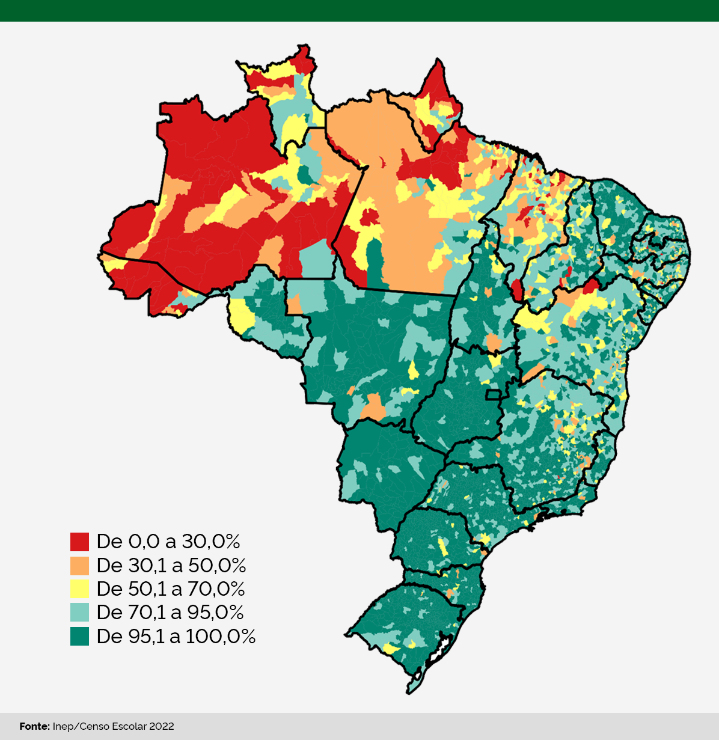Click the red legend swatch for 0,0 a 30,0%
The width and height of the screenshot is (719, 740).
click(79, 542)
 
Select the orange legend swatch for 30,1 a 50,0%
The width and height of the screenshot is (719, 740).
click(79, 566)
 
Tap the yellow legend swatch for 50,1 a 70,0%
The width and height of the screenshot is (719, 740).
click(79, 589)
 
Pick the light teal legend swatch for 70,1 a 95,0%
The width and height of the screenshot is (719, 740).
click(79, 612)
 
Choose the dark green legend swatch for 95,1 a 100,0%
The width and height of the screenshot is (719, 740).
click(79, 636)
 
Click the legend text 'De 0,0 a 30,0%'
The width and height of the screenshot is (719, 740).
click(168, 542)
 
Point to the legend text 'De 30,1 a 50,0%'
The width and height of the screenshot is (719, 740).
click(171, 566)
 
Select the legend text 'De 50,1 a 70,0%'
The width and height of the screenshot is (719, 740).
click(171, 589)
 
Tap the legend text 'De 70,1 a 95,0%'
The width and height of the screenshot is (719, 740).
click(170, 612)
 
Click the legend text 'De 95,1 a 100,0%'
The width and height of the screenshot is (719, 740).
click(176, 636)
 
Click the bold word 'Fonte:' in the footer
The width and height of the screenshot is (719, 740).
click(34, 727)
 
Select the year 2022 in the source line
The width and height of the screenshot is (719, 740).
click(162, 727)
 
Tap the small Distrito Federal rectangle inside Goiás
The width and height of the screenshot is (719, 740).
click(494, 394)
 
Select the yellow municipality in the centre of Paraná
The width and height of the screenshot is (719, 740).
click(443, 546)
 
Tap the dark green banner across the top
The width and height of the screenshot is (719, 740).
click(359, 10)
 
